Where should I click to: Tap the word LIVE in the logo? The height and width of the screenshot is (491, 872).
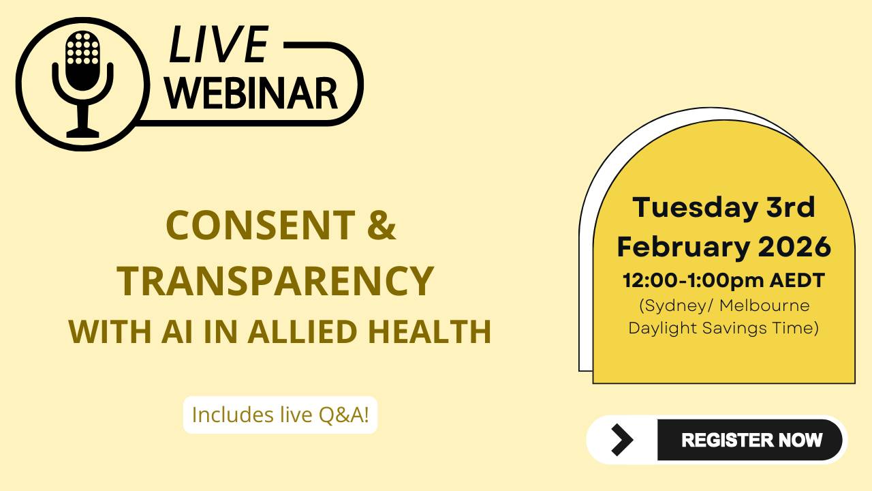(x=219, y=46)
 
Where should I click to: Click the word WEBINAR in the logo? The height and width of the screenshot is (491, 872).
(x=253, y=93)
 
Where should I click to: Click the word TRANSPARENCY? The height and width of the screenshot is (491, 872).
(x=275, y=280)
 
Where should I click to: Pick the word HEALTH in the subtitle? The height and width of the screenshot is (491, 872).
(x=430, y=332)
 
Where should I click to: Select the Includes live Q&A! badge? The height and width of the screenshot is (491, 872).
(x=280, y=415)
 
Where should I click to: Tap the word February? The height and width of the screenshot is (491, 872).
(x=674, y=247)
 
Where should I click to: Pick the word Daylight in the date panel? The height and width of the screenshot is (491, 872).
(x=661, y=327)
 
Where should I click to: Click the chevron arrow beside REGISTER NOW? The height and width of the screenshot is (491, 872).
(x=622, y=440)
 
